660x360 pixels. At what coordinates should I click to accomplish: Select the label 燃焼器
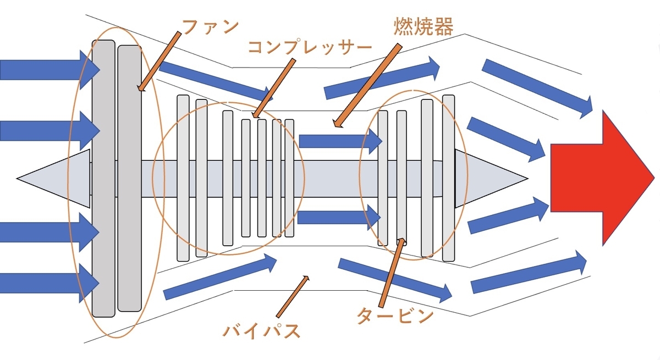[423, 26]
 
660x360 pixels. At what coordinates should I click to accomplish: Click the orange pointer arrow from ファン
[159, 60]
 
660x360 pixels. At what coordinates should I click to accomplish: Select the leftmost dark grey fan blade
[103, 179]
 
